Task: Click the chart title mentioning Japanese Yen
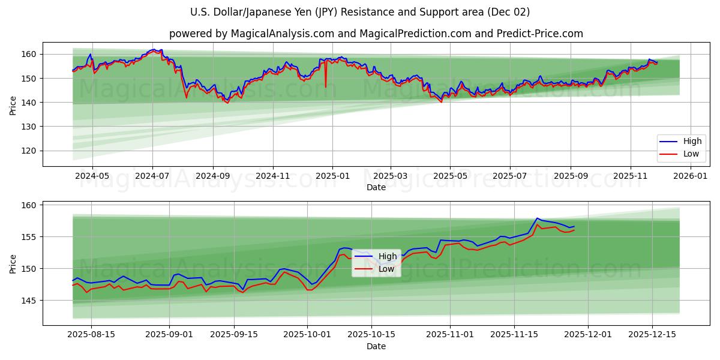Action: pyautogui.click(x=360, y=12)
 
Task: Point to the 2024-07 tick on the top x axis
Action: pyautogui.click(x=152, y=176)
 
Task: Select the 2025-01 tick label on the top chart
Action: pyautogui.click(x=332, y=176)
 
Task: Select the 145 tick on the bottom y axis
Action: pyautogui.click(x=29, y=300)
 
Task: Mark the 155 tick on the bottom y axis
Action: pyautogui.click(x=29, y=237)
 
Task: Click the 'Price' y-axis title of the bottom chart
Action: pyautogui.click(x=13, y=263)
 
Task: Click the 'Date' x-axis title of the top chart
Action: pyautogui.click(x=376, y=187)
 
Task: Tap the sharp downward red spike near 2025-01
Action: pyautogui.click(x=326, y=86)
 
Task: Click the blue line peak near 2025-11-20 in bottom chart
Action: pyautogui.click(x=537, y=218)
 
